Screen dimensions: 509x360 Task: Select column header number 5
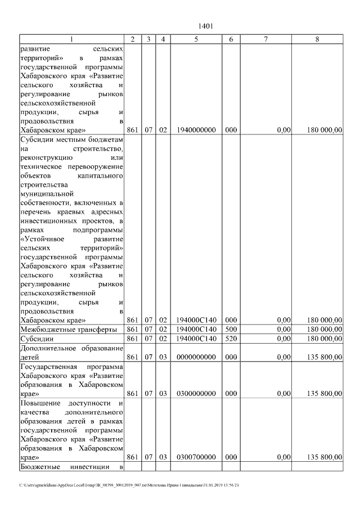point(196,39)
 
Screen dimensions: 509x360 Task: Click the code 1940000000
point(196,130)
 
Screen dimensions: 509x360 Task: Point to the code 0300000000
point(196,394)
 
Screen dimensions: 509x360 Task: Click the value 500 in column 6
point(231,329)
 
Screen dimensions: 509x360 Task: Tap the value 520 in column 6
point(231,339)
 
